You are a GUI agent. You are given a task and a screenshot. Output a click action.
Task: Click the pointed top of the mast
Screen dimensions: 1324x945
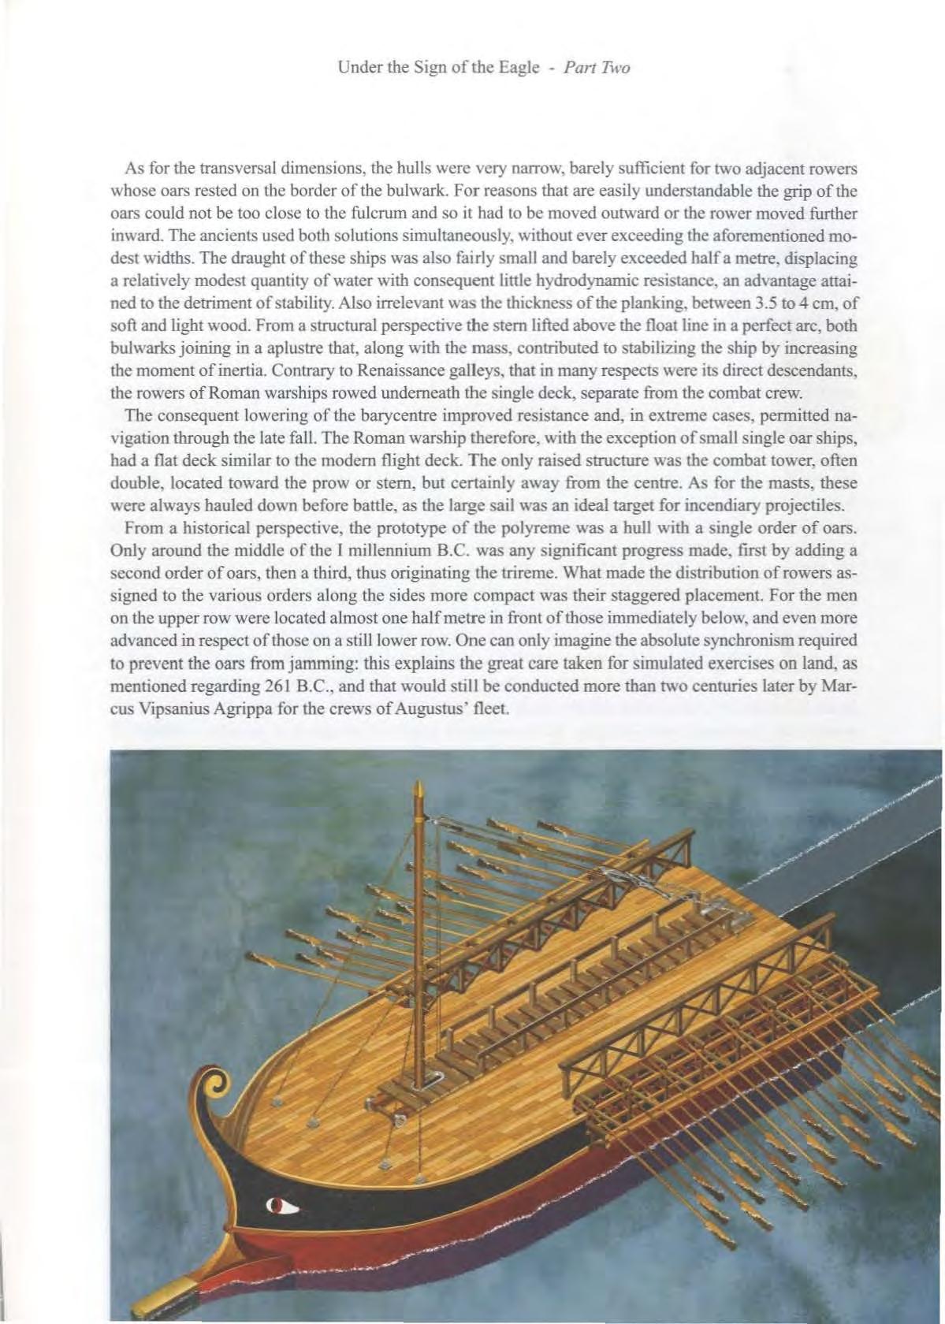point(419,788)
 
